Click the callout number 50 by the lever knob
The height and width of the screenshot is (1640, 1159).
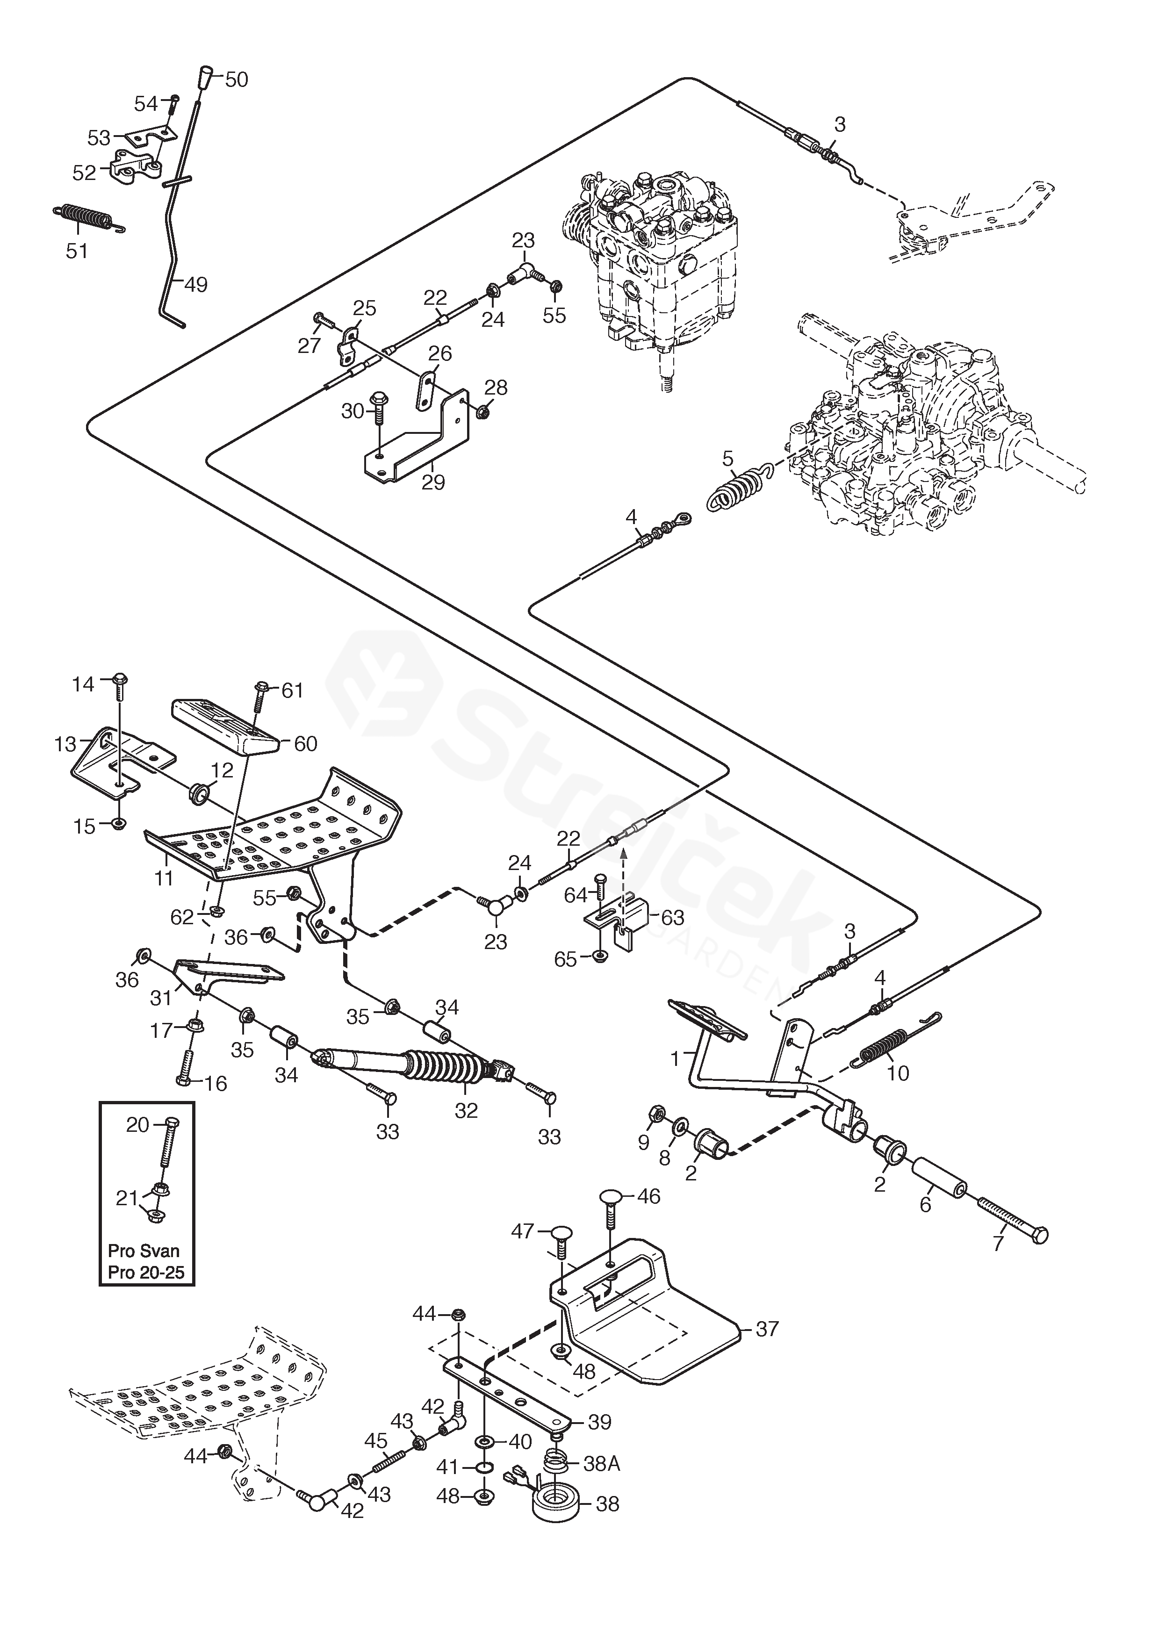point(237,79)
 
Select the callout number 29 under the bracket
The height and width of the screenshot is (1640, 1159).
point(433,483)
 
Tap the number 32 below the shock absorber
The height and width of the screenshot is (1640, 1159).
point(466,1110)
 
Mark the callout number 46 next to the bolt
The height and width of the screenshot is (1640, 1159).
point(648,1196)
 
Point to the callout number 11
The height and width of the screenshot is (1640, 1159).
point(164,877)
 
